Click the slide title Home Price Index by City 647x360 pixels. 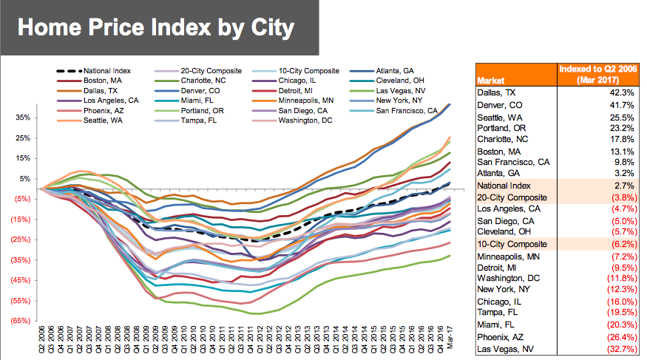click(x=155, y=28)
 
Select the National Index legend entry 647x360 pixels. click(x=104, y=70)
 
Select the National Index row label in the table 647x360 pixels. click(x=503, y=186)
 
